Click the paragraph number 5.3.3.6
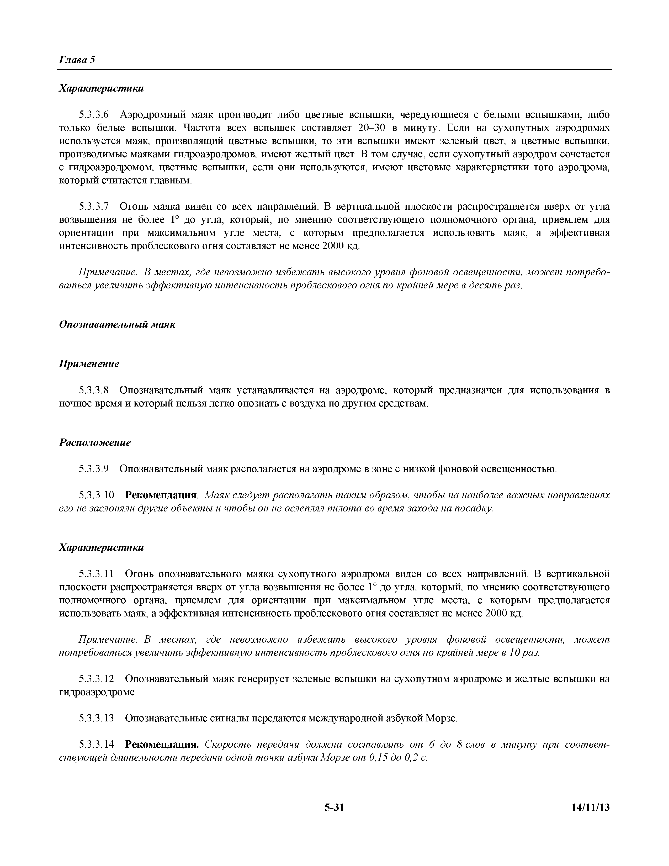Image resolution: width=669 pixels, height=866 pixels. [x=94, y=115]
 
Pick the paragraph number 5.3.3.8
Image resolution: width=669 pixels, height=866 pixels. [x=94, y=390]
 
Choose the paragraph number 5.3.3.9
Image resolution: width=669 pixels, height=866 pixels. [x=94, y=469]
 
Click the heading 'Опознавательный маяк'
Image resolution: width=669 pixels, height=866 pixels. [x=117, y=324]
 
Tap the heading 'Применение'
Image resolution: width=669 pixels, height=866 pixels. [x=89, y=364]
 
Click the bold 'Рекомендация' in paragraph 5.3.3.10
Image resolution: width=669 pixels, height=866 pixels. [x=161, y=495]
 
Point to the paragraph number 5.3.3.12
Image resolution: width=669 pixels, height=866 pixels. [x=96, y=679]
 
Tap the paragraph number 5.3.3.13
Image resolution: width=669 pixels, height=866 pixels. [x=96, y=718]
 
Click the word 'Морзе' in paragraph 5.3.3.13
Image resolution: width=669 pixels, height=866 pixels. [x=441, y=718]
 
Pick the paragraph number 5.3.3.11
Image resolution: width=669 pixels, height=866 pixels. [x=96, y=574]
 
